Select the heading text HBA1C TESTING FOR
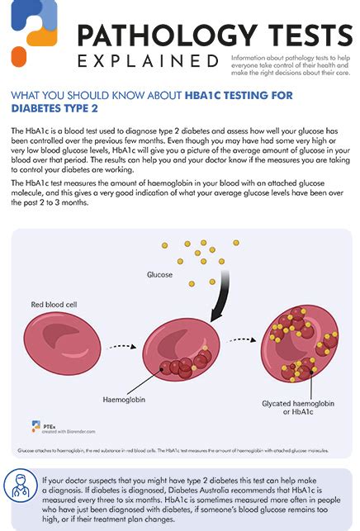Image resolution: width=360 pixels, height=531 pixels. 239,94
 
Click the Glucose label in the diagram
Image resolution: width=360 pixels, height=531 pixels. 160,273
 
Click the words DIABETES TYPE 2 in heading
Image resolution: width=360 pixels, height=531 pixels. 49,107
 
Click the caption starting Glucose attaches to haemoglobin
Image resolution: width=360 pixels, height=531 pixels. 173,451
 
